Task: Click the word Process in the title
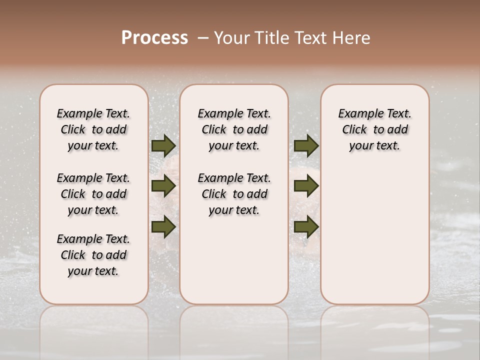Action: tap(154, 38)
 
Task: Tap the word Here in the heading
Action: tap(352, 38)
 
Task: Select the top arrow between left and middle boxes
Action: tap(163, 145)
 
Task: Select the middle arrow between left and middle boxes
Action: tap(163, 186)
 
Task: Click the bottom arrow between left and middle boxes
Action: tap(163, 226)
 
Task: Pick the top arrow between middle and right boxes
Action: tap(306, 145)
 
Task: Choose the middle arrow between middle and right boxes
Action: tap(306, 186)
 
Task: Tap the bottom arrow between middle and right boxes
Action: tap(306, 226)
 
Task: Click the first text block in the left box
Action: tap(93, 129)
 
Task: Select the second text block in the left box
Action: tap(93, 194)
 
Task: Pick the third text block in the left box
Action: tap(93, 255)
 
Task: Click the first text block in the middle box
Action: tap(234, 129)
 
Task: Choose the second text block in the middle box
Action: tap(234, 194)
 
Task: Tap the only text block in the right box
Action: tap(374, 129)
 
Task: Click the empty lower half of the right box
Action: tap(374, 240)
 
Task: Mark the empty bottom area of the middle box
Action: tap(234, 265)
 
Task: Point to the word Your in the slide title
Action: tap(231, 38)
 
